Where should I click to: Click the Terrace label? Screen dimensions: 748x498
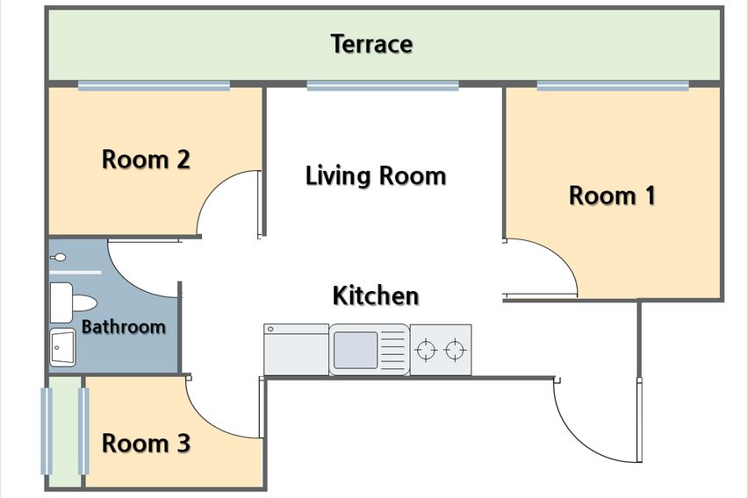click(x=371, y=45)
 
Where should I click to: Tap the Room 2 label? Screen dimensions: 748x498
click(x=146, y=160)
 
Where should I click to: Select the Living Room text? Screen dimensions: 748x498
click(x=376, y=175)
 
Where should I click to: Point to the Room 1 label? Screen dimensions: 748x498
click(x=613, y=196)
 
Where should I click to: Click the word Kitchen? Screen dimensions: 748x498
click(x=376, y=295)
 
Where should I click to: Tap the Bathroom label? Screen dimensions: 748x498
click(x=124, y=327)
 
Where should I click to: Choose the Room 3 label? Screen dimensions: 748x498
click(x=146, y=443)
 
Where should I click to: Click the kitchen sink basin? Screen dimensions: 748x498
click(x=356, y=350)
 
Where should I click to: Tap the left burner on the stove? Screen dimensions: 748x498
click(x=426, y=351)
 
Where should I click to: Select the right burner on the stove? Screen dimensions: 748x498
click(x=455, y=351)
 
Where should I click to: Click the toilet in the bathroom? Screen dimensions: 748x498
click(x=74, y=302)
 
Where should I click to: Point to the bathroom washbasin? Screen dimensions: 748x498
click(x=62, y=347)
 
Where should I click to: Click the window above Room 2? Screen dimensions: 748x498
click(x=155, y=86)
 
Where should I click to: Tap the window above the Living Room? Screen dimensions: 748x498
click(x=383, y=86)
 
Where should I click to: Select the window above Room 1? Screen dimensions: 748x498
click(x=613, y=86)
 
